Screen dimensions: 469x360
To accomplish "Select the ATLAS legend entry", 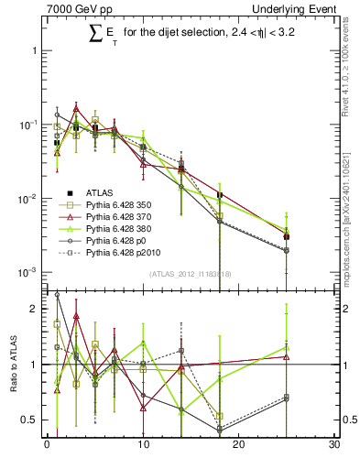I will coord(100,192).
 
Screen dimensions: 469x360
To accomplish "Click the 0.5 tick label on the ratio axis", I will coord(32,420).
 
